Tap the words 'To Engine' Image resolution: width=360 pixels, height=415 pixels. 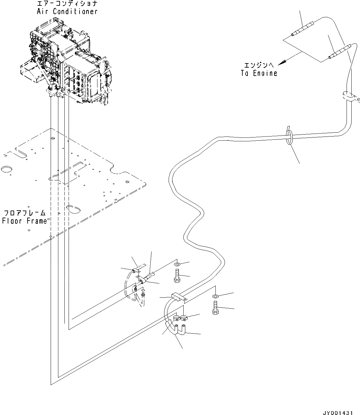point(259,73)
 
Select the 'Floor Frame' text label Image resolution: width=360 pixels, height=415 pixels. point(25,221)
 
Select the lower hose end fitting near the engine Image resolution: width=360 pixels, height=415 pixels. point(341,52)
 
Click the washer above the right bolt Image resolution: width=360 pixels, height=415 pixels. point(215,296)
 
